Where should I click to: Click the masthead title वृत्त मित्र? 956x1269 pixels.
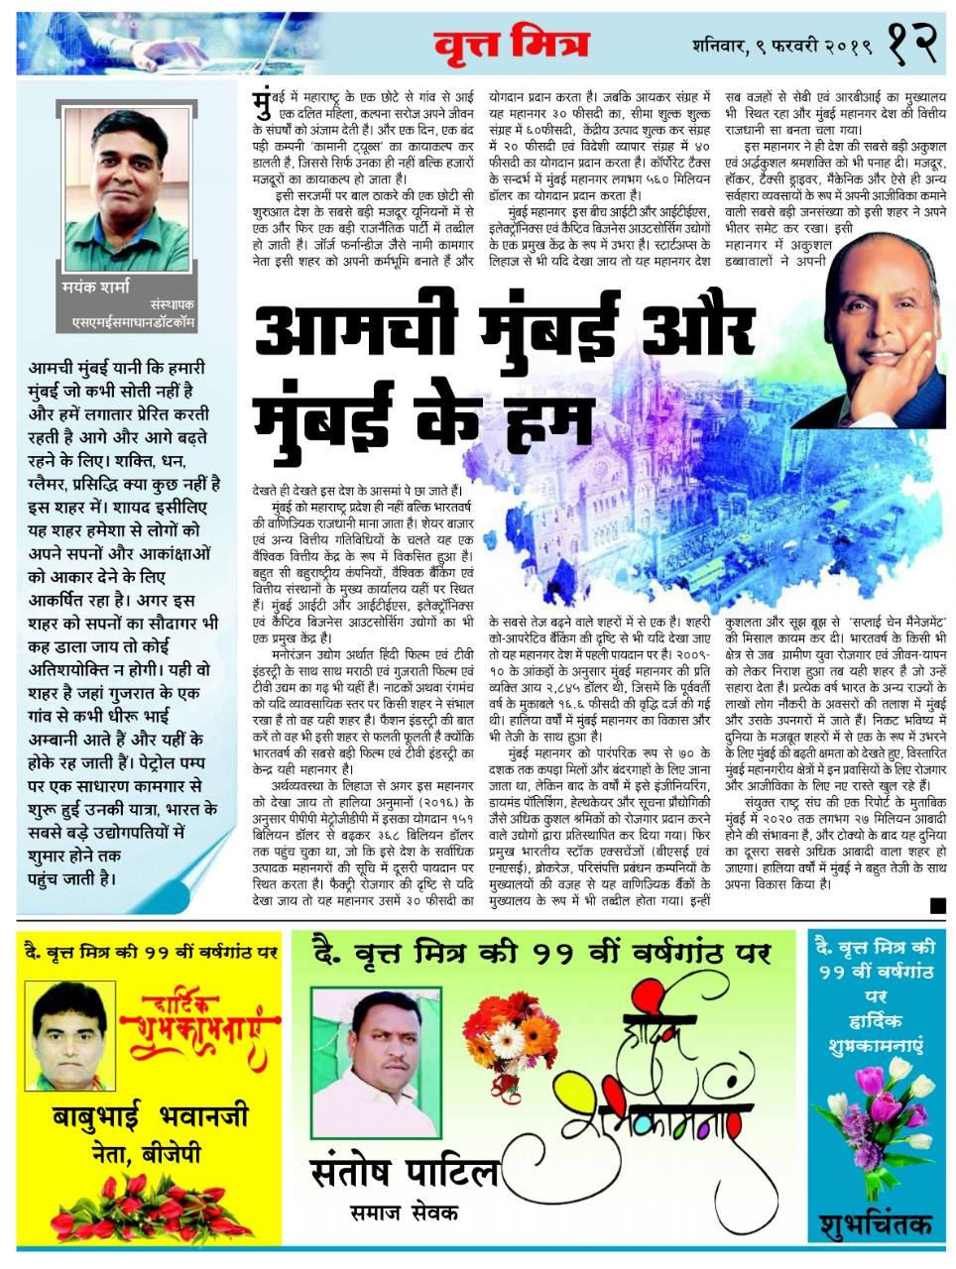click(510, 45)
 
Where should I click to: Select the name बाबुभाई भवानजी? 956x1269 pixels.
click(151, 1116)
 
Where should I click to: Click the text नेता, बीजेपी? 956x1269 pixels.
click(150, 1152)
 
